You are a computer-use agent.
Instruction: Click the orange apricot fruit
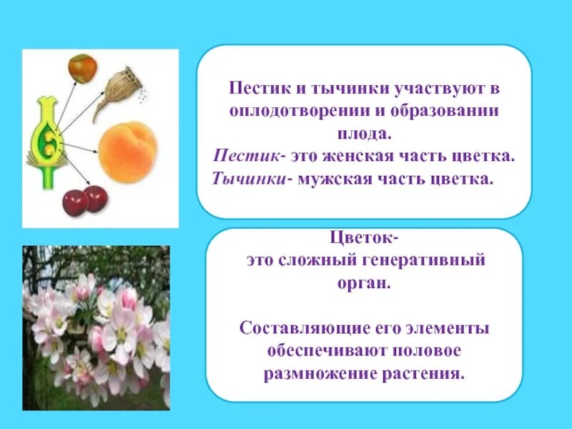(x=128, y=151)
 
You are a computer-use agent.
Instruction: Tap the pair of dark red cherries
(x=85, y=200)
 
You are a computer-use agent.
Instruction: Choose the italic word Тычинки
(x=247, y=177)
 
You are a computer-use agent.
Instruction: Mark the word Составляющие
(x=305, y=330)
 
